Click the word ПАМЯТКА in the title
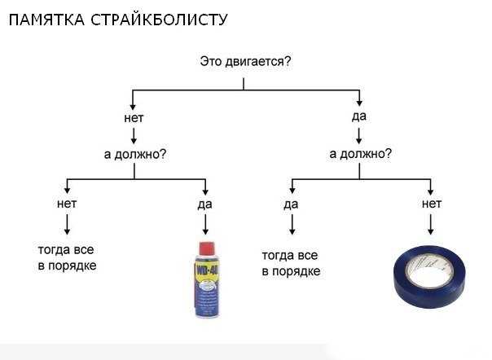point(46,20)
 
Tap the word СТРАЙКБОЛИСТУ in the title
point(159,20)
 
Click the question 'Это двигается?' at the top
point(245,61)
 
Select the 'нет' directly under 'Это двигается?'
point(134,118)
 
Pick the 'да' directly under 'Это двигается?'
point(359,116)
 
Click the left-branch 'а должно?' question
point(135,154)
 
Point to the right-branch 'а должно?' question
point(361,154)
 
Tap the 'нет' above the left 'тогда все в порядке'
point(67,204)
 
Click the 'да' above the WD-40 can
point(205,204)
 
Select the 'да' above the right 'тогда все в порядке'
point(291,204)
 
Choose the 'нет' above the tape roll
point(432,204)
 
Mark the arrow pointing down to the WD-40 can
point(205,225)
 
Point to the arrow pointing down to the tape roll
point(430,225)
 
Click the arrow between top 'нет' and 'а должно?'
point(134,135)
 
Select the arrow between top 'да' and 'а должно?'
point(359,135)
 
